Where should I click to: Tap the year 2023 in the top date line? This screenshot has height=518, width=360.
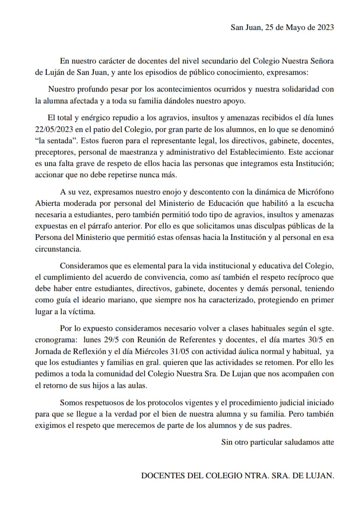323,28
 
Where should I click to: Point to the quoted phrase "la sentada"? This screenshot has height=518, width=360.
54,139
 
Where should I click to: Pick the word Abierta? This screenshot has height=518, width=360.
49,204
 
